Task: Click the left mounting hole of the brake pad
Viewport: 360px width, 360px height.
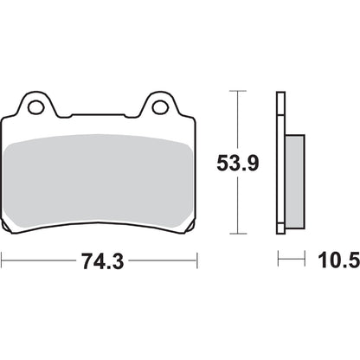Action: click(36, 108)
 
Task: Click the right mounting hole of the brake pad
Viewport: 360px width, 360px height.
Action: click(161, 108)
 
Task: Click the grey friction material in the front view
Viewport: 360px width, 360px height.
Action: click(99, 177)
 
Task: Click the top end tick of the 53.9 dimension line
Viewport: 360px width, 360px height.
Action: click(236, 90)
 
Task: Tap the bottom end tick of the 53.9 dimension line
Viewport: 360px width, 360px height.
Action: click(236, 235)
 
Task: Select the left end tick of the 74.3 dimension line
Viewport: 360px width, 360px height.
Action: click(3, 259)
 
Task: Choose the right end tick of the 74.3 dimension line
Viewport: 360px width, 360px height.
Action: click(198, 259)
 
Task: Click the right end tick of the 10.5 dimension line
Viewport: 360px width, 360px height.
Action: click(305, 259)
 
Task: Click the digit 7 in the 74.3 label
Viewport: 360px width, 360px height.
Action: click(82, 259)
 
